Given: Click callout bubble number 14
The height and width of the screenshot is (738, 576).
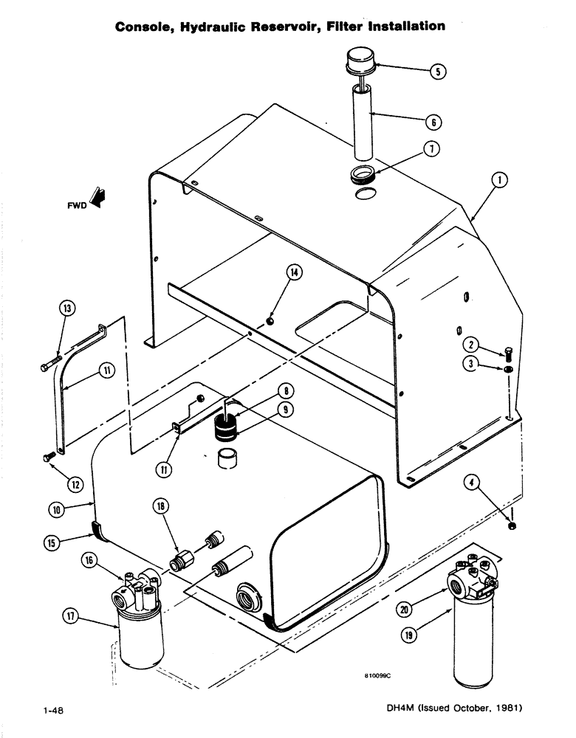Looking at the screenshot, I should pyautogui.click(x=295, y=273).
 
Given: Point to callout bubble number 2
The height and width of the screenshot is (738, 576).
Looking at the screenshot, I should pyautogui.click(x=469, y=342).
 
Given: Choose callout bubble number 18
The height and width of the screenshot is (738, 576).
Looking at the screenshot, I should pyautogui.click(x=161, y=506).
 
